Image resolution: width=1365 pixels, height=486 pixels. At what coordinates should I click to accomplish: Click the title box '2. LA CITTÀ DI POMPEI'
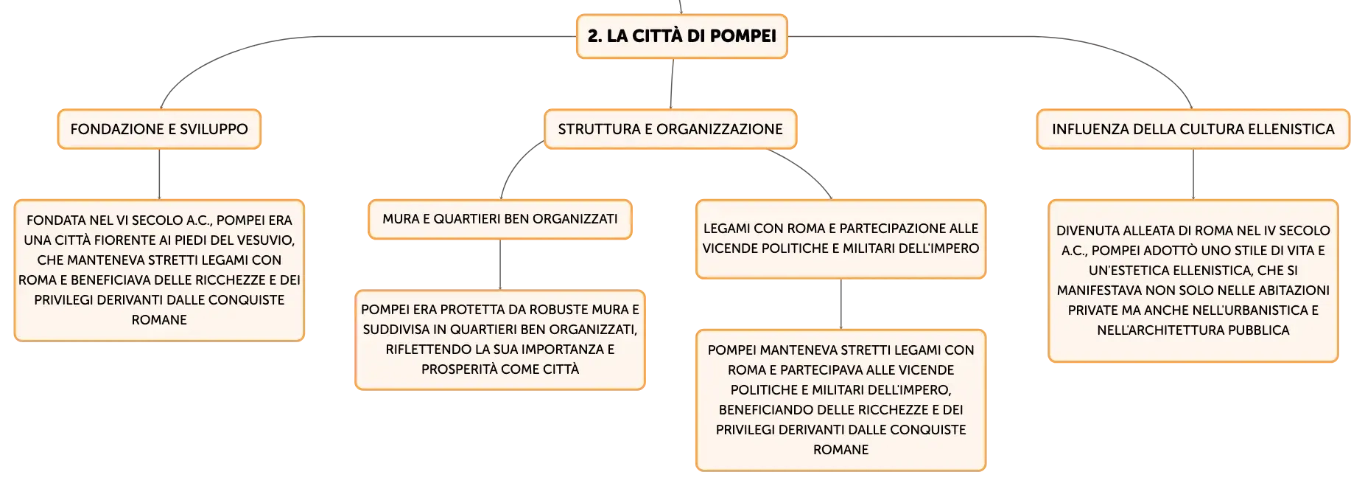click(x=681, y=36)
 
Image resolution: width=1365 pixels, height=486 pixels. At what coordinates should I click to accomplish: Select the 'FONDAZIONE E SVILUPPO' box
click(x=159, y=129)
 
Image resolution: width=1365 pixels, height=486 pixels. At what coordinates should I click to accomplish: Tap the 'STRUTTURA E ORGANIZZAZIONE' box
click(x=670, y=129)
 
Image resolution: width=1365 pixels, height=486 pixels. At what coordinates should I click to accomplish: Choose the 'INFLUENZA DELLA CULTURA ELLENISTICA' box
click(x=1193, y=129)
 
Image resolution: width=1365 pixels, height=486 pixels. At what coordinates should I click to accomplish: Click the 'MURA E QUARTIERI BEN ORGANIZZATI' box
click(x=500, y=219)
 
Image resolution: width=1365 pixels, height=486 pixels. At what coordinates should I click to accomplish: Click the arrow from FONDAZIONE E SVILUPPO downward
click(x=159, y=175)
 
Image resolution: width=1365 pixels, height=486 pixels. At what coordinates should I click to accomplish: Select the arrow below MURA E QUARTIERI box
click(x=500, y=265)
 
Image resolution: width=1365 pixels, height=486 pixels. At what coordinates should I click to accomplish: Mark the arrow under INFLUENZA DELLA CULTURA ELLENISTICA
click(x=1193, y=175)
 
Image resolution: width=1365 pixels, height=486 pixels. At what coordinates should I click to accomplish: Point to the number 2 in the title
click(x=593, y=36)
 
